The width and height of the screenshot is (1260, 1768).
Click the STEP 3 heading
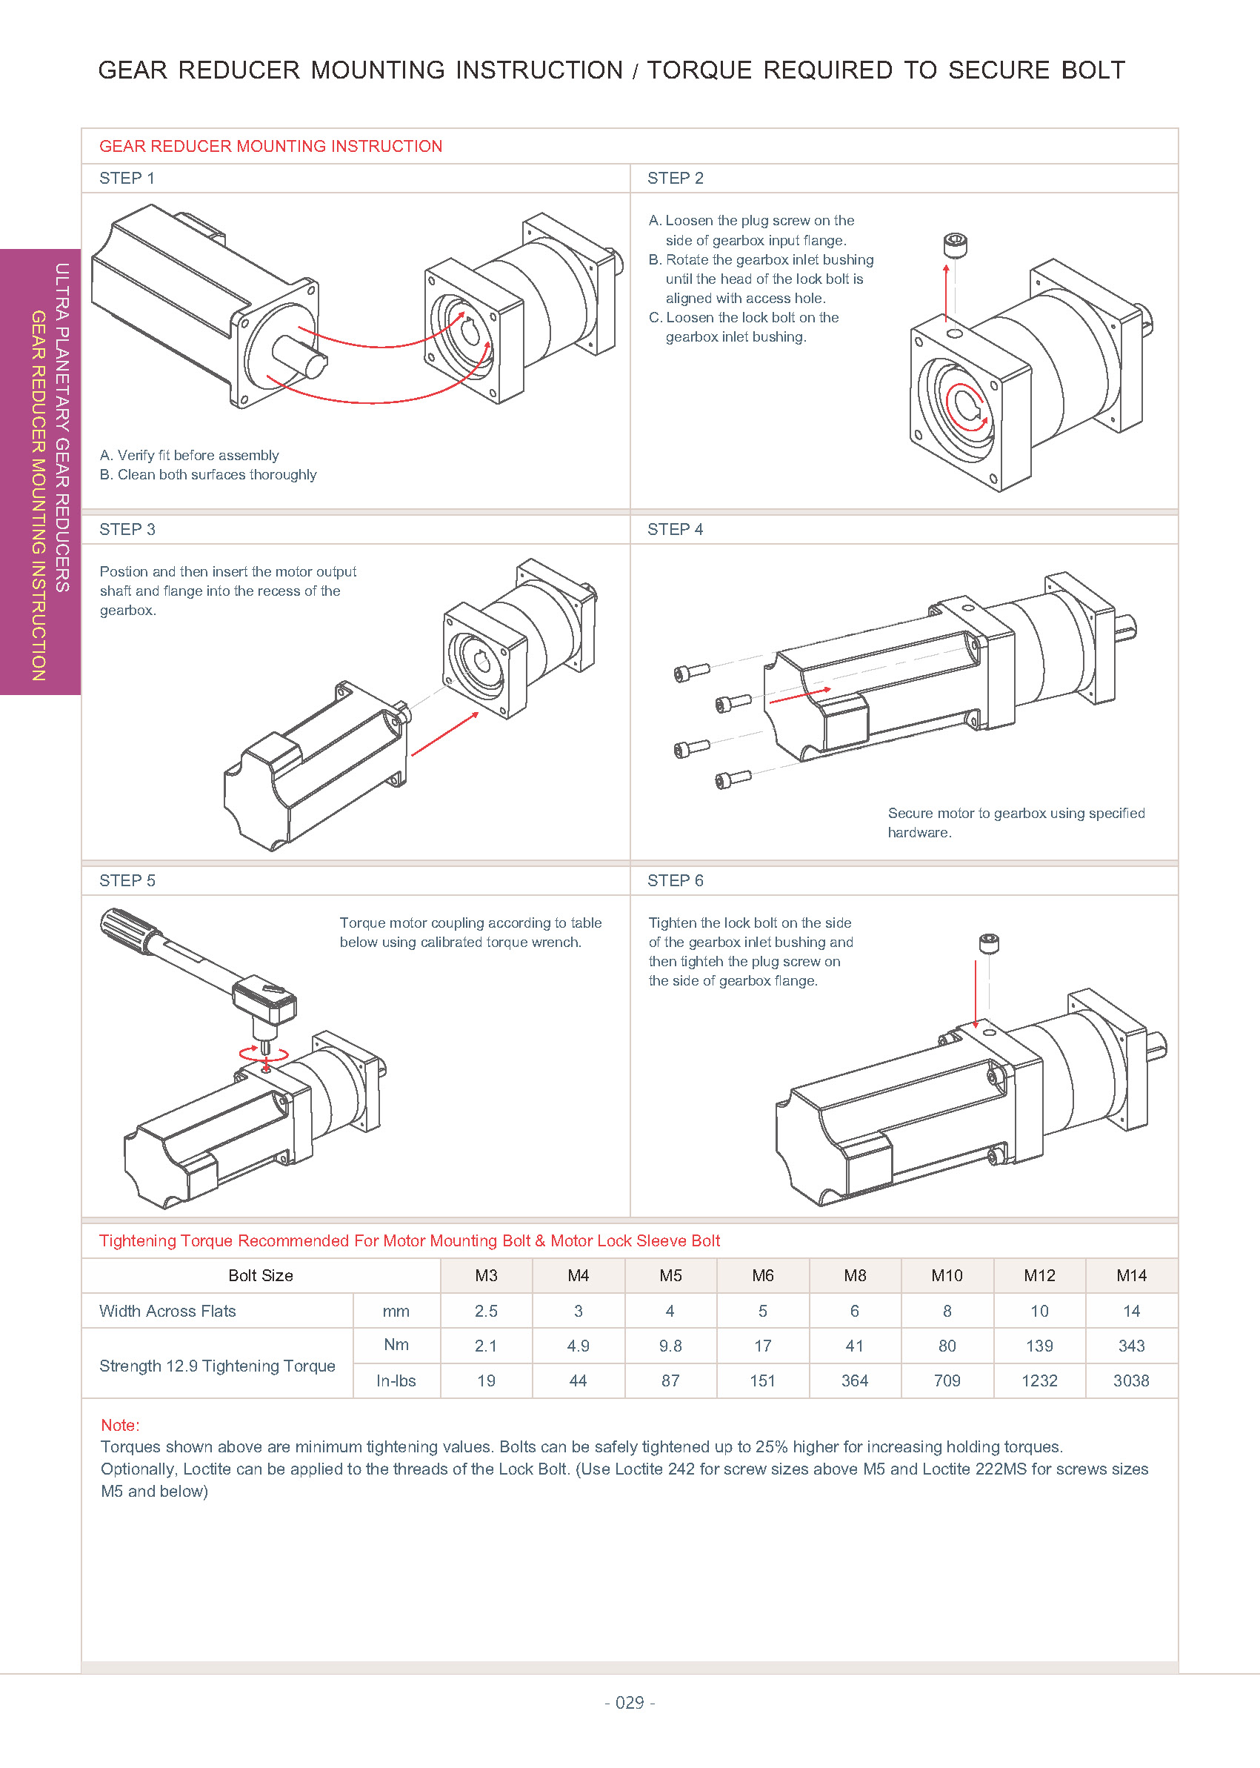point(127,529)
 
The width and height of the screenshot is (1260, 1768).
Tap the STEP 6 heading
point(675,880)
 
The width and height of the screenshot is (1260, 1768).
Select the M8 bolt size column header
point(854,1275)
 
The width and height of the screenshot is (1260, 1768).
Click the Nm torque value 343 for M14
point(1130,1346)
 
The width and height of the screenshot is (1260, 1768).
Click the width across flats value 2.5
point(486,1311)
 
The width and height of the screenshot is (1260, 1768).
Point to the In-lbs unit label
point(396,1380)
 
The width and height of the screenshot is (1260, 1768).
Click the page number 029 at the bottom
point(629,1702)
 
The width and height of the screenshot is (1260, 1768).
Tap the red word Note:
point(119,1425)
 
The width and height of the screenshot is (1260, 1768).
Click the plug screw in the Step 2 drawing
point(955,245)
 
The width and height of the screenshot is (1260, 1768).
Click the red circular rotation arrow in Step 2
point(966,408)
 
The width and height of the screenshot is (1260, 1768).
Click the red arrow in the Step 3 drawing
point(444,734)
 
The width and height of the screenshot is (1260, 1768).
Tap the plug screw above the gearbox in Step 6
point(989,943)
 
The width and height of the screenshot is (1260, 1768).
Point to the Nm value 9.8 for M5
point(670,1346)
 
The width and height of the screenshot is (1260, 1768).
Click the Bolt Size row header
point(261,1275)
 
